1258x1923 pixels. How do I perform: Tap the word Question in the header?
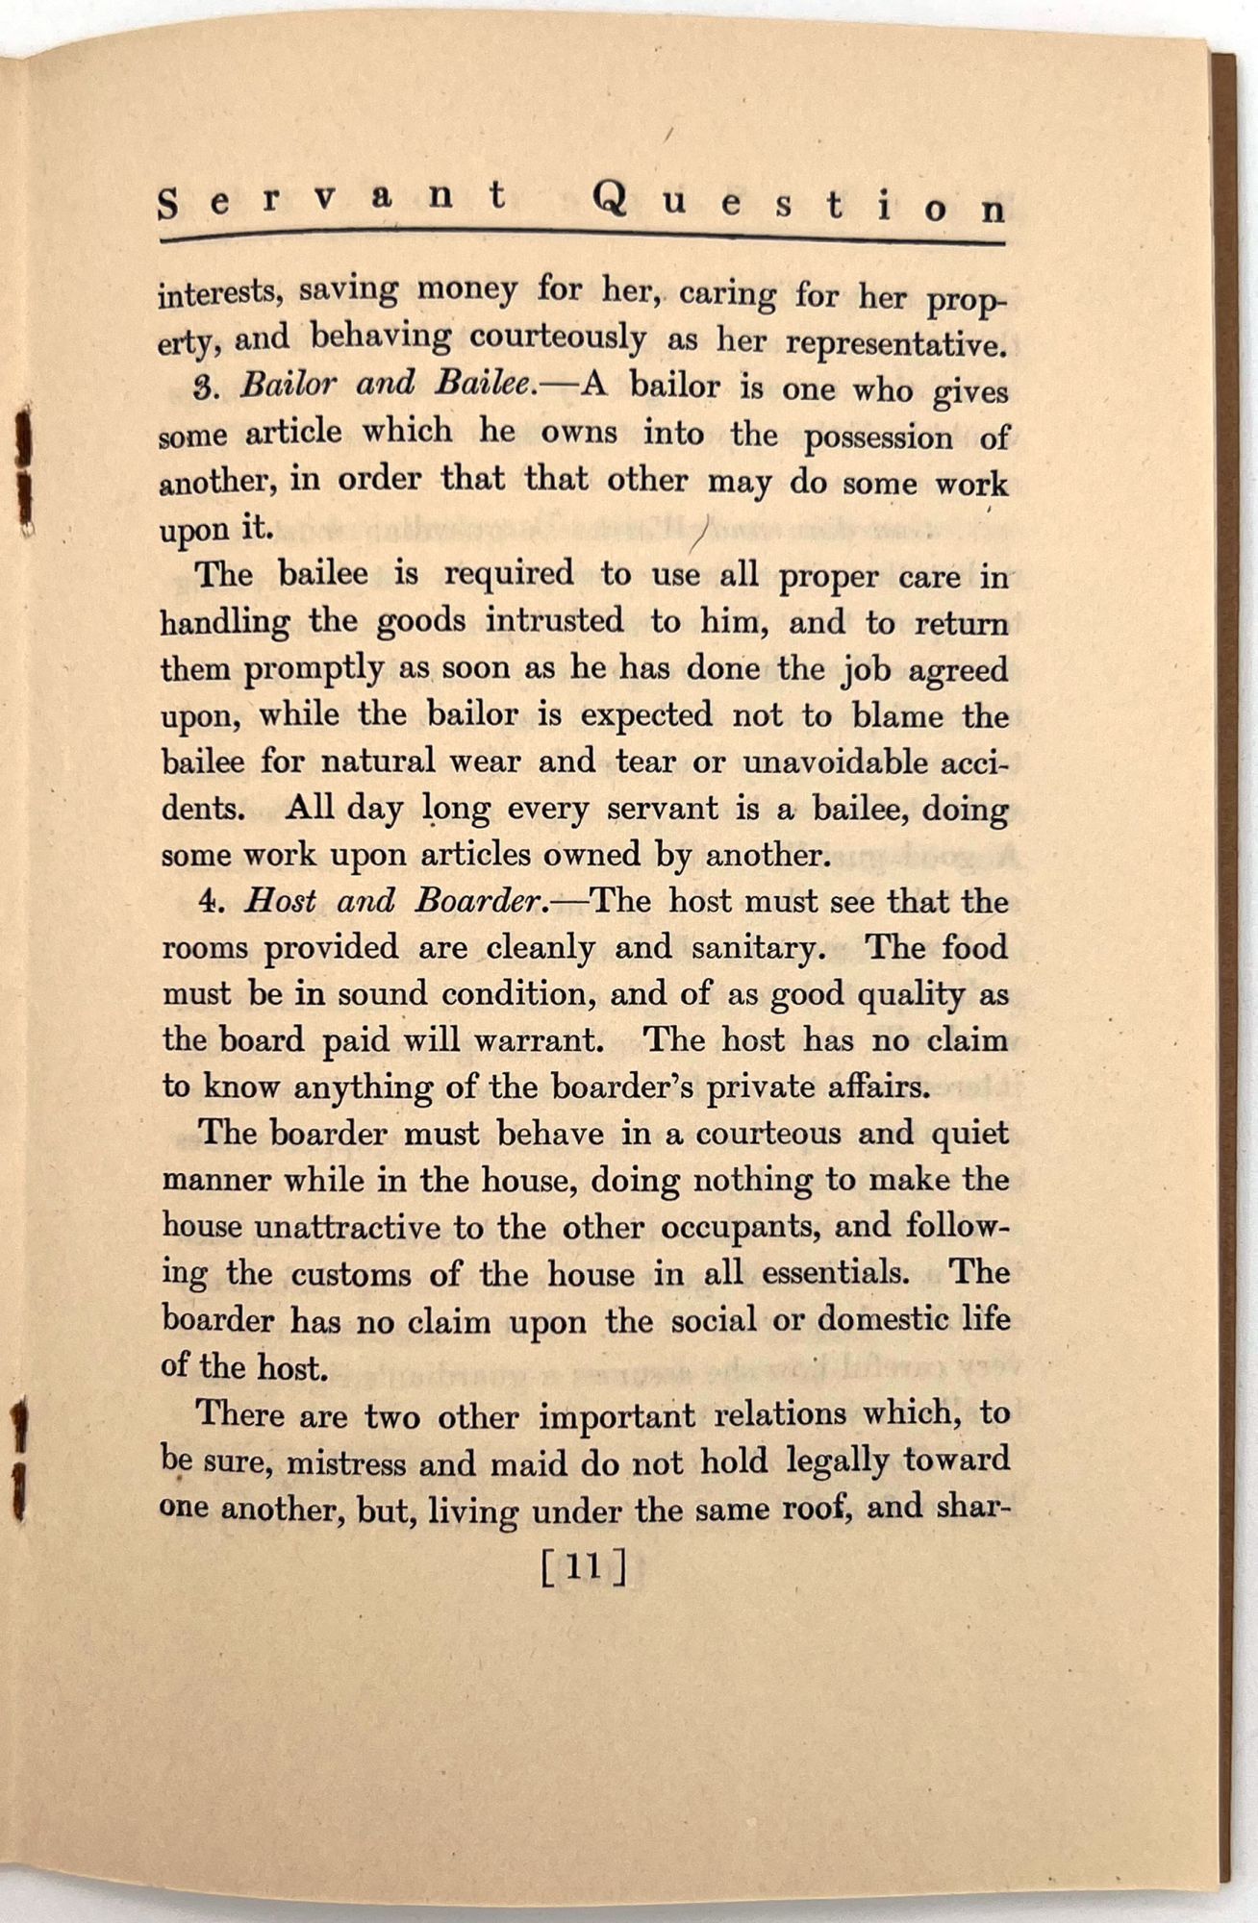799,204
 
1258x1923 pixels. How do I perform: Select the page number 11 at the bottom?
584,1568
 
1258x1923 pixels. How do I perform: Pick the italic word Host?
280,901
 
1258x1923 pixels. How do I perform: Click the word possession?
878,437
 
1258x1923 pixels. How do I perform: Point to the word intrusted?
555,620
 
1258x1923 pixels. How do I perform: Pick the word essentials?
835,1274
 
